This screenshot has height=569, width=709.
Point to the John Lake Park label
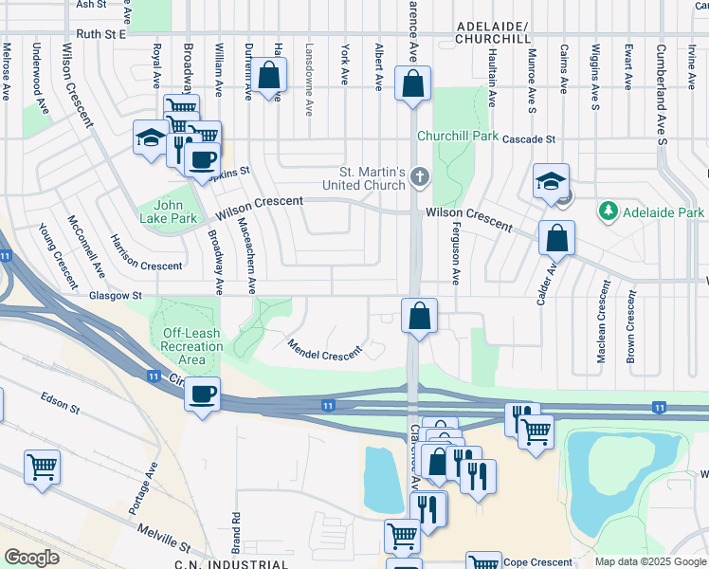pyautogui.click(x=174, y=211)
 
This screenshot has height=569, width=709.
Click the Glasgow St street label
pyautogui.click(x=110, y=296)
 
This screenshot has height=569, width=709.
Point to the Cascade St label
pyautogui.click(x=528, y=138)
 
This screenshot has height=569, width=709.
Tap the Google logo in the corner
pyautogui.click(x=31, y=557)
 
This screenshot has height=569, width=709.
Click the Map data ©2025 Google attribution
pyautogui.click(x=649, y=561)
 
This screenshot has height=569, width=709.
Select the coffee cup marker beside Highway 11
pyautogui.click(x=202, y=393)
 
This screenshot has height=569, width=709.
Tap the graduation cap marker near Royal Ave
pyautogui.click(x=151, y=138)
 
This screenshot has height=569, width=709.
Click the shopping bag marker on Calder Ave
pyautogui.click(x=556, y=237)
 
